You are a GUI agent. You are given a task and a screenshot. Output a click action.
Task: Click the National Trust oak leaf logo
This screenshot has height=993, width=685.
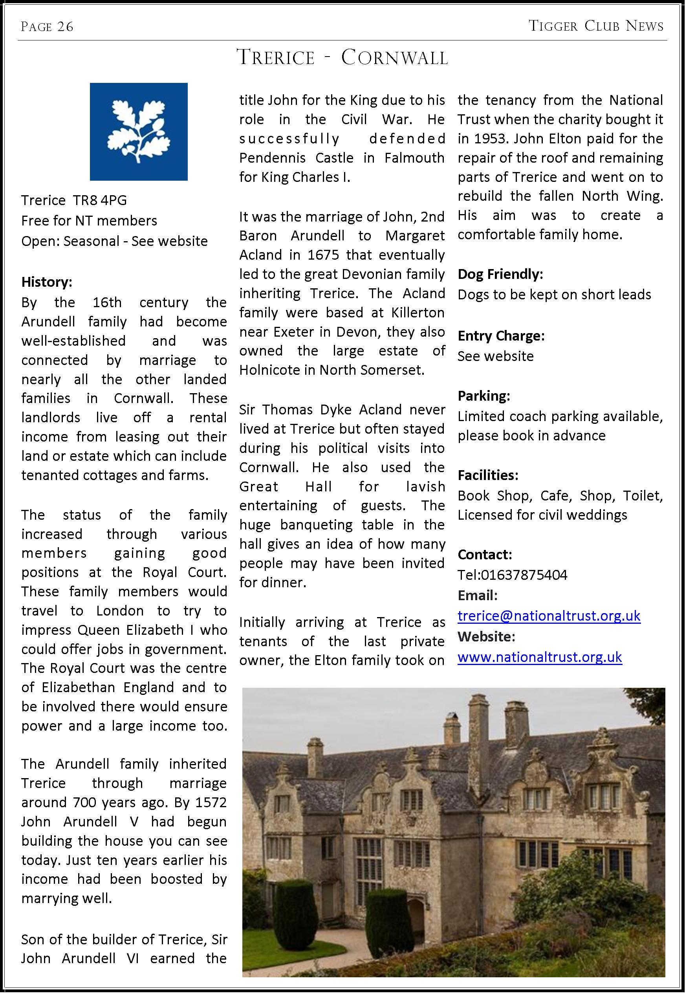coord(139,131)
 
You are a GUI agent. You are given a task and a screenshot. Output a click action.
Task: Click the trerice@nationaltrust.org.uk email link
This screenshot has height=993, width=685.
coord(549,616)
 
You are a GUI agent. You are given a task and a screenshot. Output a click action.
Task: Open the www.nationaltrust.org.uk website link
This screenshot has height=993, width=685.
coord(540,657)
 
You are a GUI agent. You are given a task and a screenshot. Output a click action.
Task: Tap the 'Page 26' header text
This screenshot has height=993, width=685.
coord(47,27)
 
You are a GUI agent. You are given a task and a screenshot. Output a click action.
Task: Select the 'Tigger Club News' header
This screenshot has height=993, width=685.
coord(596,26)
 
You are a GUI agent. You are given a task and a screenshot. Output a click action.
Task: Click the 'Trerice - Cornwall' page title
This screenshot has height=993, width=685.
coord(342,57)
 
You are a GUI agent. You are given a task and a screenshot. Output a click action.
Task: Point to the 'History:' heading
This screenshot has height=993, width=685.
coord(47,282)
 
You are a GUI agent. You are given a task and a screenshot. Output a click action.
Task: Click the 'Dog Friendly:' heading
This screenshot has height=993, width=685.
coord(500,274)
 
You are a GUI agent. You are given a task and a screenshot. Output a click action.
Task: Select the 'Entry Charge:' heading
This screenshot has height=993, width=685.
coord(501,335)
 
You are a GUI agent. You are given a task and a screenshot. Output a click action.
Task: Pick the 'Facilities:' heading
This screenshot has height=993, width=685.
coord(487,475)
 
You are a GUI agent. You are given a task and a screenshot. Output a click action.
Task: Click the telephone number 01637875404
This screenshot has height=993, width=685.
coord(524,575)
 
